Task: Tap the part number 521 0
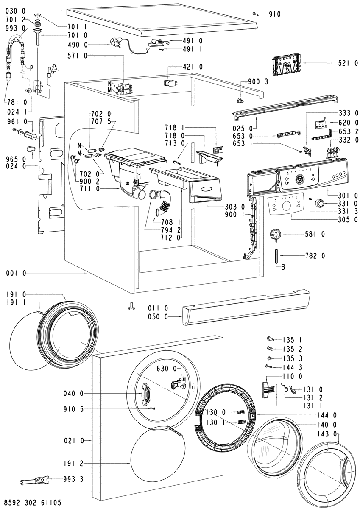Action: pos(348,64)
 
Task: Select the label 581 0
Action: pos(315,234)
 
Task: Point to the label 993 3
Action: pos(73,479)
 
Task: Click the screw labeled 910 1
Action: pos(256,14)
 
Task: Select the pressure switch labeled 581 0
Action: pos(275,235)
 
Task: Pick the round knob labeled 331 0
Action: pos(320,202)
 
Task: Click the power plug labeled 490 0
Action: pos(115,43)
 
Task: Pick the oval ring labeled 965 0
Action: pos(30,149)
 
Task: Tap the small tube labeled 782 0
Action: pos(277,256)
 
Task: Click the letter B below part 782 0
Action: pos(283,267)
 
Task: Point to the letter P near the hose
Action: pos(31,67)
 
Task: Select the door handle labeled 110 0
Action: pos(266,390)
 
